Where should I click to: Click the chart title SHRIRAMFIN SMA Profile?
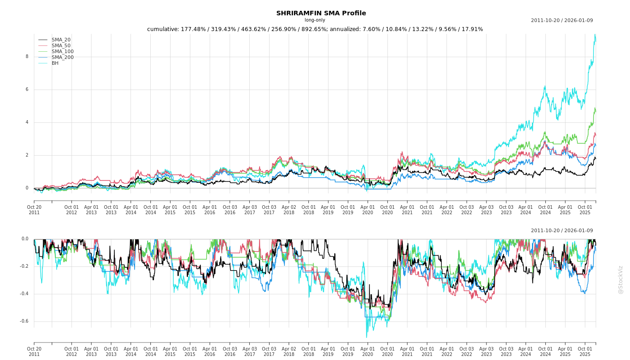click(x=321, y=13)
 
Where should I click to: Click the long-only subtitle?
click(x=315, y=20)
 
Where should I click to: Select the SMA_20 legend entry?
click(x=61, y=40)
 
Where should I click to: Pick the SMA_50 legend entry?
click(x=61, y=46)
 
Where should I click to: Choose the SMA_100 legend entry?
click(x=63, y=52)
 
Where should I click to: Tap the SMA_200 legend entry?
click(x=63, y=58)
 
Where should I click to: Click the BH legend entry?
click(x=55, y=63)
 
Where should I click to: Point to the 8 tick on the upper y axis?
click(x=27, y=57)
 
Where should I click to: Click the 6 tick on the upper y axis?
click(x=27, y=90)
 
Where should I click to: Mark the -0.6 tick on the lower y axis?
click(x=24, y=321)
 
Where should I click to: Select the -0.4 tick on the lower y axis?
click(x=24, y=294)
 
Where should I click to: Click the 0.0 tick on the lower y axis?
click(x=25, y=239)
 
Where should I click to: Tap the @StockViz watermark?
click(x=621, y=279)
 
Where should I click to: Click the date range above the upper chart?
click(x=562, y=21)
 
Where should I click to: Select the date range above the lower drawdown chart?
click(x=562, y=231)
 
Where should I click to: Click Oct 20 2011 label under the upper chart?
click(x=34, y=210)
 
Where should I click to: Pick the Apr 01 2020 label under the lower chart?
click(x=368, y=351)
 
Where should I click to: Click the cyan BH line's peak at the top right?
click(x=595, y=35)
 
